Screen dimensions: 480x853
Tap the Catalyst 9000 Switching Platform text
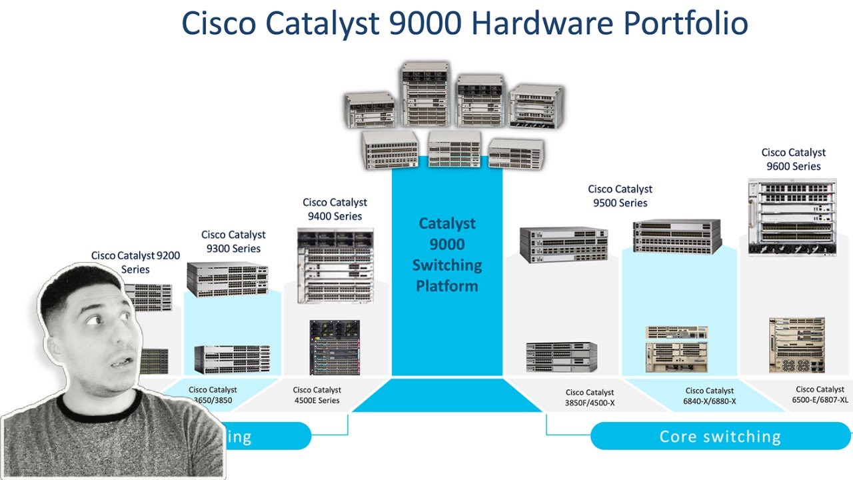click(446, 255)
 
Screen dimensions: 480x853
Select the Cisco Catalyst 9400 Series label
click(335, 209)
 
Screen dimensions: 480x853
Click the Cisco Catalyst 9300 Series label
click(233, 241)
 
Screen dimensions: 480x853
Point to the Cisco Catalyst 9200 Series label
click(135, 262)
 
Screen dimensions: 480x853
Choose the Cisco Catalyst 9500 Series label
click(620, 196)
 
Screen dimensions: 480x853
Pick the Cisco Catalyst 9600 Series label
click(793, 159)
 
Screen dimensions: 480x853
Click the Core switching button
click(720, 437)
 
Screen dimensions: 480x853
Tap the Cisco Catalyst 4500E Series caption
click(317, 395)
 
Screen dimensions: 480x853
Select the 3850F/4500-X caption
click(590, 397)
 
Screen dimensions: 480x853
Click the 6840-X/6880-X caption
click(710, 396)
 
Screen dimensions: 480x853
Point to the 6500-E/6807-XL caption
click(820, 394)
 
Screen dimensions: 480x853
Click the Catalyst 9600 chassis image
click(792, 217)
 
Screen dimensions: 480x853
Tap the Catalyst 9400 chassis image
click(335, 266)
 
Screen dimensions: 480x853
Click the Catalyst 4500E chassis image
click(335, 347)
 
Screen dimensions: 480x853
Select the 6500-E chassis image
click(796, 345)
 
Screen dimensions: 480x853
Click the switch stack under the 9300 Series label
click(227, 279)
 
